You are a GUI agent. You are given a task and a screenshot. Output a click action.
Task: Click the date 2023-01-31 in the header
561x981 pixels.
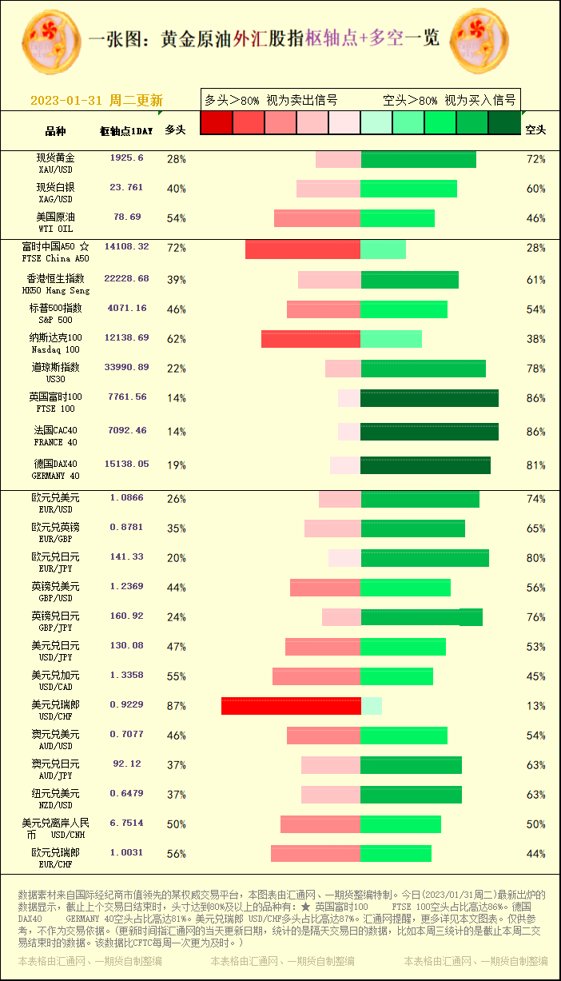point(66,101)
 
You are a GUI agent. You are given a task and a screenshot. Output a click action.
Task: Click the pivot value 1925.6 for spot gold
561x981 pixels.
point(127,158)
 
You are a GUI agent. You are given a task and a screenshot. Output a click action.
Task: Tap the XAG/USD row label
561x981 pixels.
point(56,193)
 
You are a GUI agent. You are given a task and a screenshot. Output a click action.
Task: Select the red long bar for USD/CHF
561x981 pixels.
point(291,706)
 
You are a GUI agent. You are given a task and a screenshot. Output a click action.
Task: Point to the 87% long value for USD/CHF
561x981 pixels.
point(176,706)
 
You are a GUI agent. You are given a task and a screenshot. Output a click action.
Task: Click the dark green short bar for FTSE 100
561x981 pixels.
point(429,398)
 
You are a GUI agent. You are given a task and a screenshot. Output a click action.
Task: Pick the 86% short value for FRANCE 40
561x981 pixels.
point(535,432)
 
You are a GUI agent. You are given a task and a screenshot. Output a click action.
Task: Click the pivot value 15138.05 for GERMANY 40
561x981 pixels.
point(127,465)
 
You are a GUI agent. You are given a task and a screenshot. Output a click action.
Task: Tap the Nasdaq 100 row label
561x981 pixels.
point(56,343)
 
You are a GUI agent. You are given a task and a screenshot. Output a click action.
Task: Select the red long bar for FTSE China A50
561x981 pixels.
point(303,249)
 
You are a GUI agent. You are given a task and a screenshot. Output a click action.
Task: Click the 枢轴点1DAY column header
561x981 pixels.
point(126,130)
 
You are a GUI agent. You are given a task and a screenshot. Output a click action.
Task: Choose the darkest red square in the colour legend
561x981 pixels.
point(216,122)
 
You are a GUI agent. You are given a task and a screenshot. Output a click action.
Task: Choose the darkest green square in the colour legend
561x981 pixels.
point(504,122)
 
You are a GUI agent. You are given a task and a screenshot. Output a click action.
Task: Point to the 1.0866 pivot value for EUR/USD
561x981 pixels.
point(127,498)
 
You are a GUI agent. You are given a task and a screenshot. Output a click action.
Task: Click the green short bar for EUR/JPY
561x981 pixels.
point(424,558)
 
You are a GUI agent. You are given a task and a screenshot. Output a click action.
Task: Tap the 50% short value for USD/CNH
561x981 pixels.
point(535,824)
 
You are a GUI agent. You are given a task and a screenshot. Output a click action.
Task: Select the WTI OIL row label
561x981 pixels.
point(56,222)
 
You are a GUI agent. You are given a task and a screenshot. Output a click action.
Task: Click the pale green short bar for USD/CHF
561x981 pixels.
point(372,706)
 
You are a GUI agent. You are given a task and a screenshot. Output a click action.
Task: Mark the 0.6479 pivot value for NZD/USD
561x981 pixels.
point(127,794)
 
